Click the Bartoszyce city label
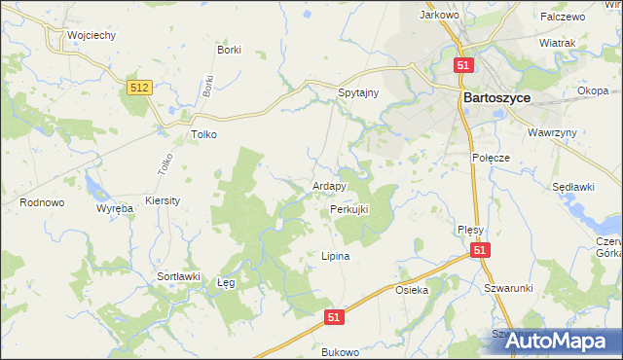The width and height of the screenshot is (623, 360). [x=500, y=97]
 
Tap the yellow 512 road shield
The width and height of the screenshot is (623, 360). [x=139, y=89]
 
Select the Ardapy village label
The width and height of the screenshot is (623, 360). [x=330, y=186]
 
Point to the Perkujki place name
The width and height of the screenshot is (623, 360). [x=348, y=209]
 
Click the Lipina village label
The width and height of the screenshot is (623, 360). [x=335, y=256]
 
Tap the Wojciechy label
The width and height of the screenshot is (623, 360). [x=92, y=34]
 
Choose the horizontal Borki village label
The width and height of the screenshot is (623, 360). [x=230, y=50]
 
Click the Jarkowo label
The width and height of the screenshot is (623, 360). [x=438, y=15]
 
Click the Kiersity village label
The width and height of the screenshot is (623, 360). [x=162, y=199]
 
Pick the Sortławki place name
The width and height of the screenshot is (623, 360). [x=178, y=276]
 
